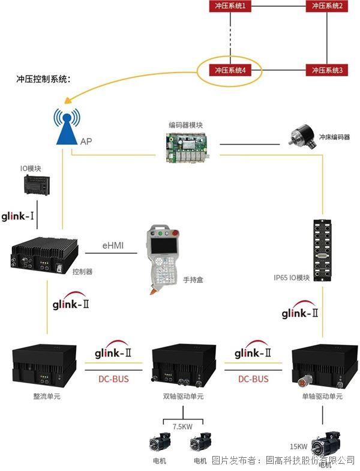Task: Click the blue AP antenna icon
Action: pos(67,127)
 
